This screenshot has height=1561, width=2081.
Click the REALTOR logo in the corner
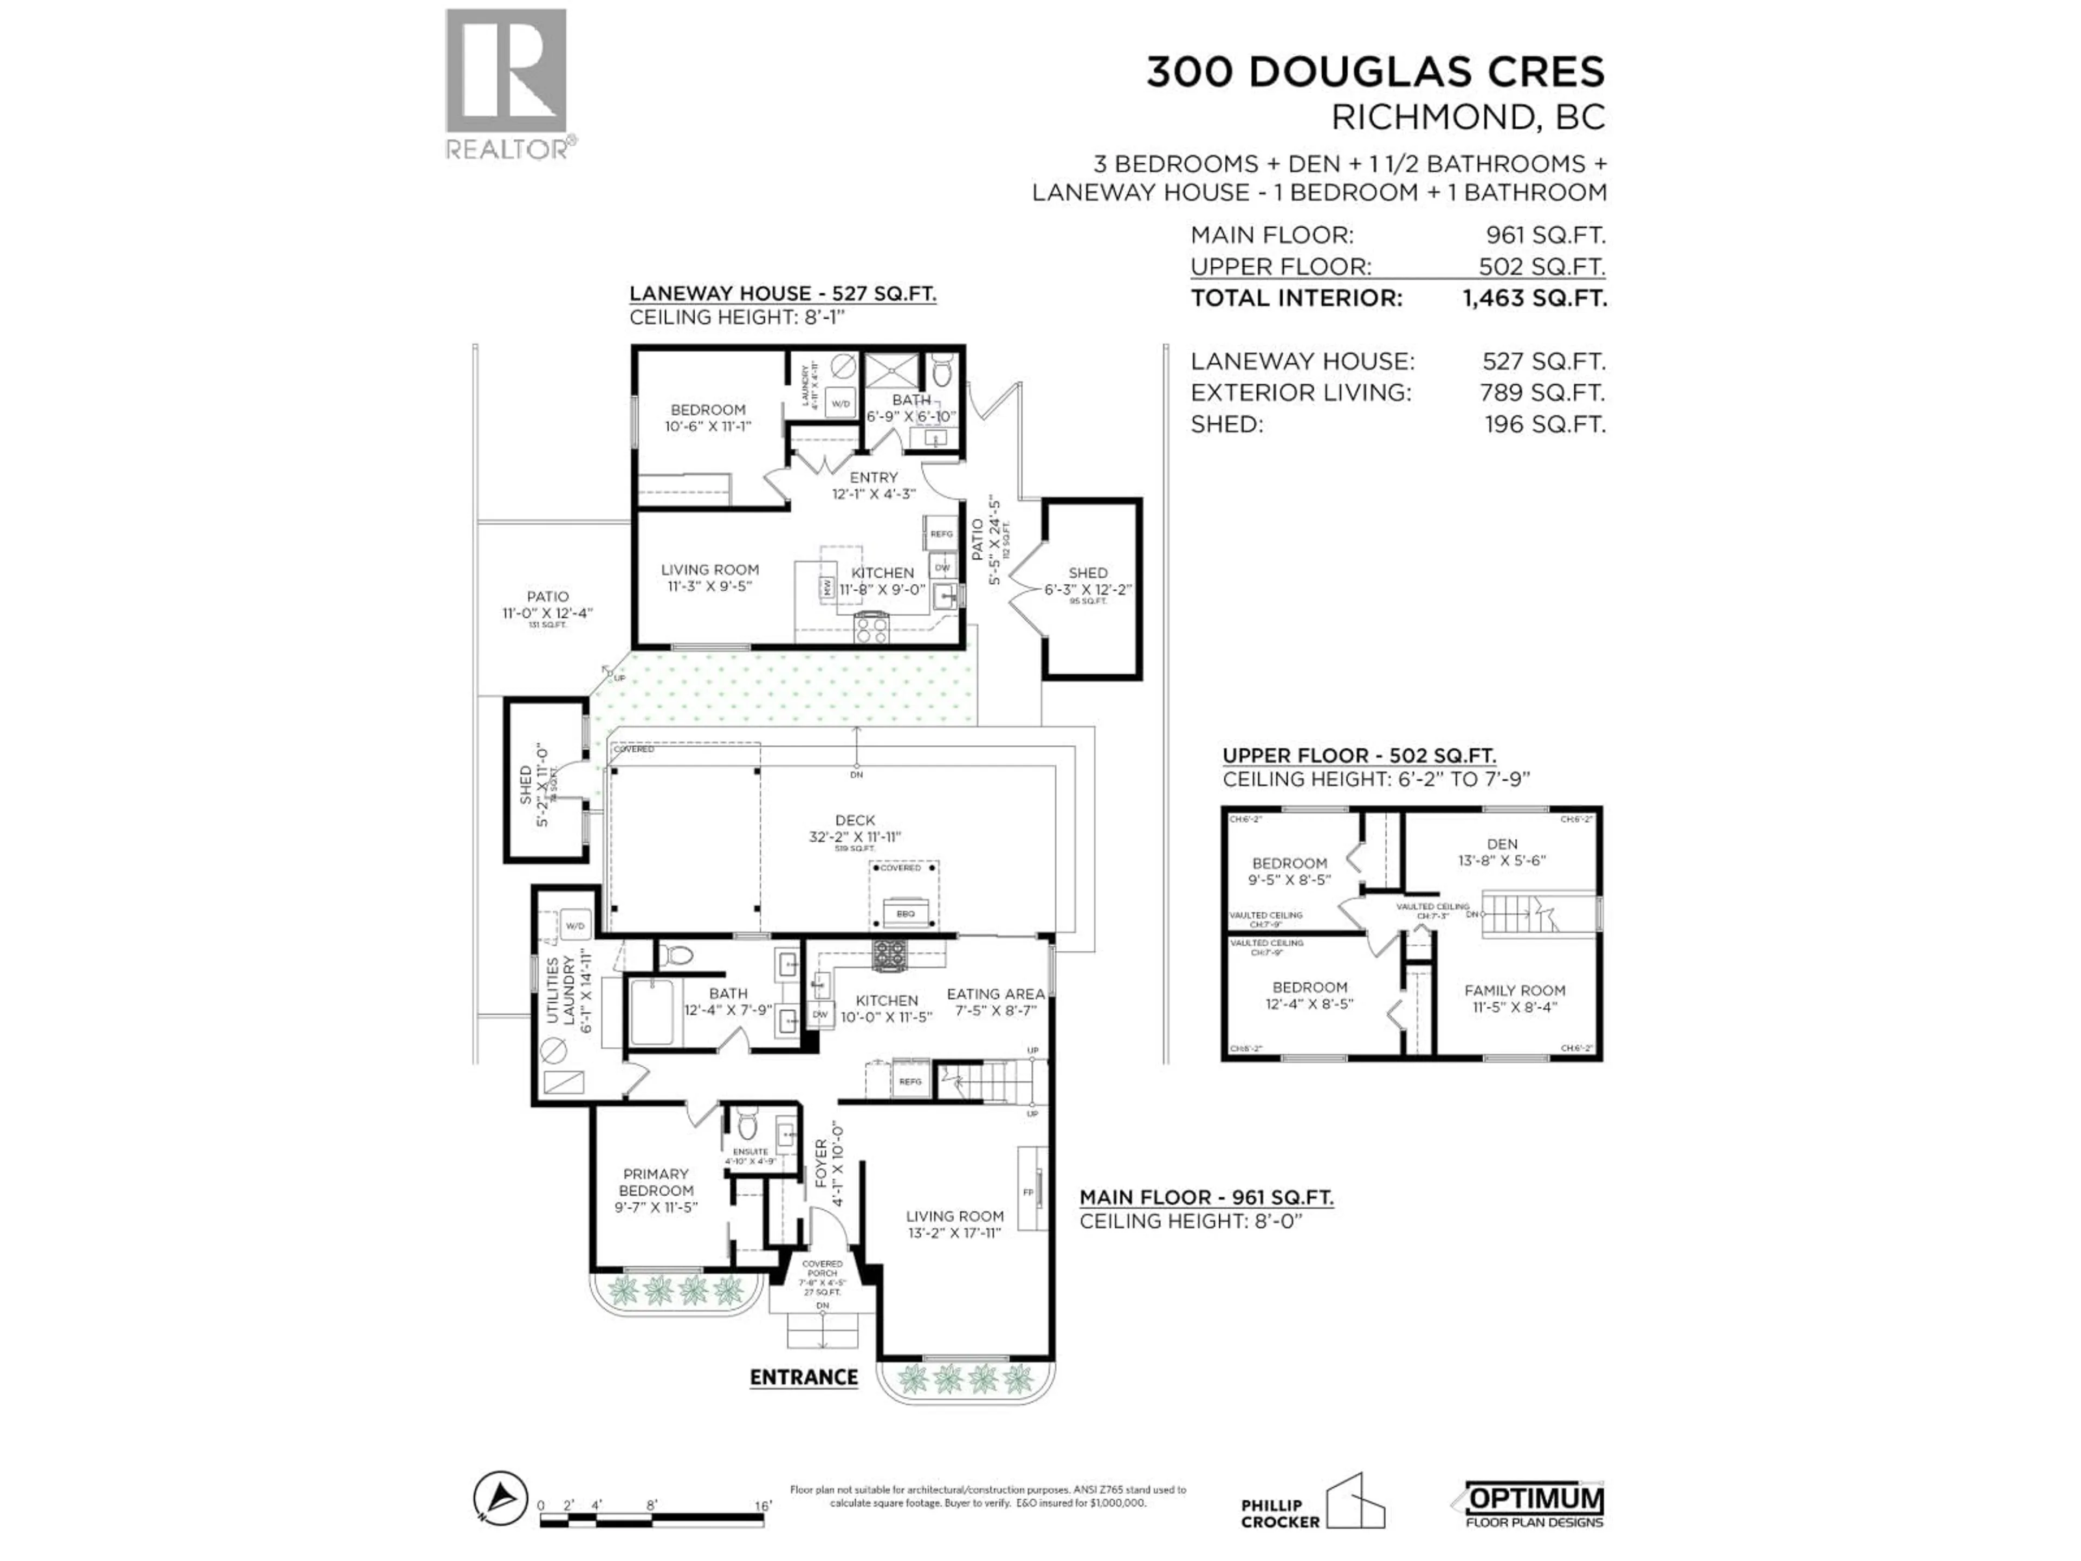coord(506,83)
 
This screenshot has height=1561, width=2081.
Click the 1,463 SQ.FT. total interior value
coord(1534,298)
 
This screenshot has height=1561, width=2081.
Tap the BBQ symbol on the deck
coord(905,913)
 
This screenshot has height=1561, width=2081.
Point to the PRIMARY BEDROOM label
coord(656,1182)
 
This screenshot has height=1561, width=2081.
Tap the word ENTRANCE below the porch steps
coord(804,1377)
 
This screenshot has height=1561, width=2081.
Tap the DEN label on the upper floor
coord(1502,844)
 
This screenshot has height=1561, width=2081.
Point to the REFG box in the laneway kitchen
coord(941,533)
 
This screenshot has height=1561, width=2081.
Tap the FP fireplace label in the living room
coord(1027,1192)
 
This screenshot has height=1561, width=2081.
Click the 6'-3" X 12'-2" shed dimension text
coord(1088,590)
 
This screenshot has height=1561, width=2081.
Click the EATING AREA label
coord(996,994)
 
